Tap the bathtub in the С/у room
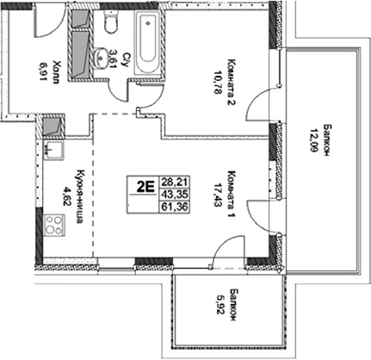[x=148, y=44]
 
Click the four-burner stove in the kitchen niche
[x=54, y=226]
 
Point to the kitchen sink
[x=53, y=150]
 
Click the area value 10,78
[x=217, y=82]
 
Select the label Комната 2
[x=231, y=82]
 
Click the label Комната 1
[x=231, y=195]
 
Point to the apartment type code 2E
[x=145, y=187]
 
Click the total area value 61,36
[x=175, y=207]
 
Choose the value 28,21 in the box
[x=175, y=182]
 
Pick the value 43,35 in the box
[x=175, y=194]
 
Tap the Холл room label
[x=56, y=72]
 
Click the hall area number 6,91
[x=43, y=72]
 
